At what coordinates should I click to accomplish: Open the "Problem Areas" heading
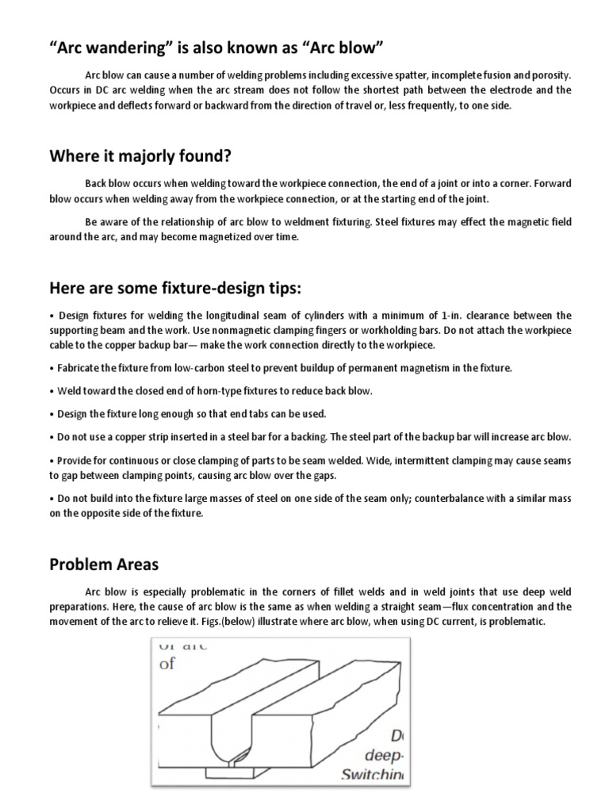103,565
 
